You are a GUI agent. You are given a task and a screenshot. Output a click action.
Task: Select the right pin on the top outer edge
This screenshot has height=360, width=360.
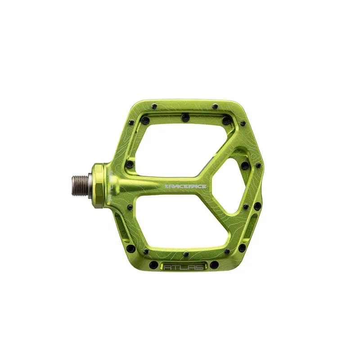click(x=215, y=107)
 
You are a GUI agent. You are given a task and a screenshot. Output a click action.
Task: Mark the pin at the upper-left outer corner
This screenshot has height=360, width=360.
click(x=131, y=122)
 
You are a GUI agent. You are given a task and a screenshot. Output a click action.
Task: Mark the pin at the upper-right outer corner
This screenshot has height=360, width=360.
click(x=243, y=123)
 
